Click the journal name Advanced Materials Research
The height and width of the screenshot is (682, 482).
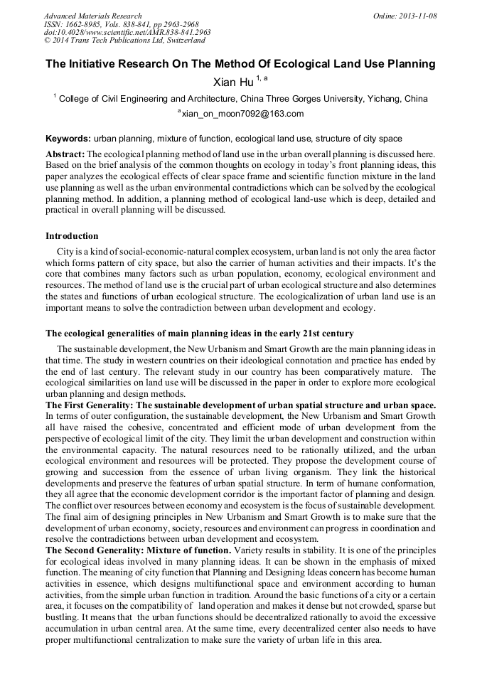click(92, 16)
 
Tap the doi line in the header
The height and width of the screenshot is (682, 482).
click(127, 32)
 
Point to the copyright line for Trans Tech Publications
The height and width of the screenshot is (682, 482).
click(124, 41)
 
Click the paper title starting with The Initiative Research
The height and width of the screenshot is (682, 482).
click(240, 64)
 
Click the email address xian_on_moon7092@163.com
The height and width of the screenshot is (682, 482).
click(242, 114)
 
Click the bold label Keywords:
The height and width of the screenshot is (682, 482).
click(68, 139)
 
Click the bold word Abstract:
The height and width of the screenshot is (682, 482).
click(65, 154)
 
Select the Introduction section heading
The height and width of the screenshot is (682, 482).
click(72, 236)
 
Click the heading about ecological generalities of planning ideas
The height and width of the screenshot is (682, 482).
click(200, 334)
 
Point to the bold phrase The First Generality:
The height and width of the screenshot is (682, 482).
click(90, 405)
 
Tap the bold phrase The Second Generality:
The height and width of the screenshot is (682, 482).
click(95, 550)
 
